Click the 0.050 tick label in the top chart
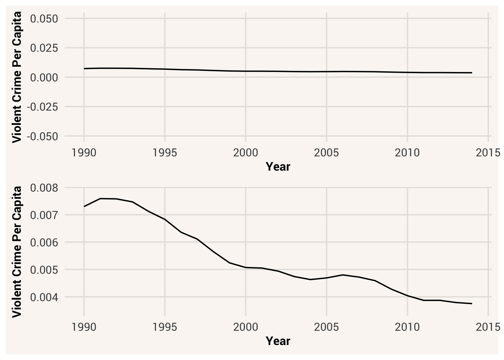coord(44,18)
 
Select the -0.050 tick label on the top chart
coord(42,136)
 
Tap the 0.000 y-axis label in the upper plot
coord(44,78)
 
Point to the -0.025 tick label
coord(42,107)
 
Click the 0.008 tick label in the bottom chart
coord(44,187)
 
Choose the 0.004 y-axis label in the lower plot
coord(44,297)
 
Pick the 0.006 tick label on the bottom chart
coord(44,243)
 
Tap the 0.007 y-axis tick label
coord(44,215)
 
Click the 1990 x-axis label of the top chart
coord(84,153)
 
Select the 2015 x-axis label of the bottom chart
coord(488,327)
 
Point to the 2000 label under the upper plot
coord(246,153)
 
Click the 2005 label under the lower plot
coord(326,327)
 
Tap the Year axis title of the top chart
coord(278,167)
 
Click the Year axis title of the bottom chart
coord(278,341)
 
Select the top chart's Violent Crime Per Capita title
coord(16,77)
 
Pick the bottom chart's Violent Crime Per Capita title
coord(16,252)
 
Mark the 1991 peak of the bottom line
coord(100,199)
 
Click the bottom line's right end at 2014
coord(472,303)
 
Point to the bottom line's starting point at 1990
coord(84,207)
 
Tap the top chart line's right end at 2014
coord(472,73)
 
